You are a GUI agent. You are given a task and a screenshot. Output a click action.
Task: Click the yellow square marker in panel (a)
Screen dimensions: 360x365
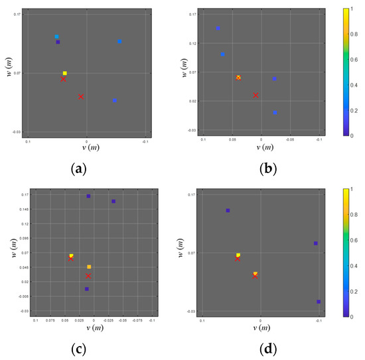[x=65, y=73]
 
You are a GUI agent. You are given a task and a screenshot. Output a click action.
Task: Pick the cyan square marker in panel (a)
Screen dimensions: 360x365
[x=57, y=36]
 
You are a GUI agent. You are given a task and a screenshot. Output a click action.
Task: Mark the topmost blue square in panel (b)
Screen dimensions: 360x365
[x=218, y=29]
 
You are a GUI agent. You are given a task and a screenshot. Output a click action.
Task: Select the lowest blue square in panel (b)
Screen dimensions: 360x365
[x=275, y=113]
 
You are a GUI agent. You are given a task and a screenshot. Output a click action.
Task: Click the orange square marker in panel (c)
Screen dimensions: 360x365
[x=89, y=267]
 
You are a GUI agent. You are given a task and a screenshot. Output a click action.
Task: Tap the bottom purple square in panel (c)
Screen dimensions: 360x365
[x=87, y=289]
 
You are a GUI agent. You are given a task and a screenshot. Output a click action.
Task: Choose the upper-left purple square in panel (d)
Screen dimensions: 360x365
[x=228, y=211]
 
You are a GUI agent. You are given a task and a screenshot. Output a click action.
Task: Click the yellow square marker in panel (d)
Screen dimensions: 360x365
[x=238, y=255]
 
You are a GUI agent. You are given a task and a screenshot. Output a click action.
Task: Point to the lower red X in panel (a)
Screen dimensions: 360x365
[x=81, y=97]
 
